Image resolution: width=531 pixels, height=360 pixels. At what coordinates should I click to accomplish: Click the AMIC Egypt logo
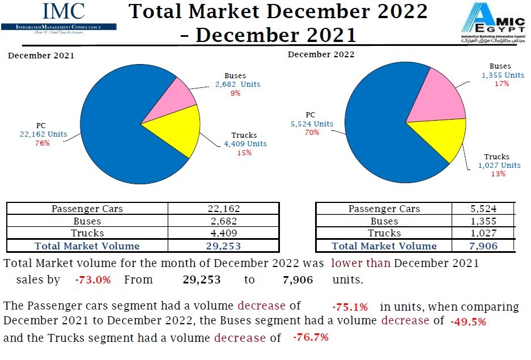[492, 23]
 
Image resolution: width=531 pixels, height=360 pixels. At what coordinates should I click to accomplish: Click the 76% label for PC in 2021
[42, 143]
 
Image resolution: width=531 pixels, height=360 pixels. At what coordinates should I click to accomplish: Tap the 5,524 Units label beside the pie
[311, 124]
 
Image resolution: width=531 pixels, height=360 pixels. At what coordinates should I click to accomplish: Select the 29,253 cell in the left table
[223, 246]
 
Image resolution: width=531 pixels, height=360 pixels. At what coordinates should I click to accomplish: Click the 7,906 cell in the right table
[483, 246]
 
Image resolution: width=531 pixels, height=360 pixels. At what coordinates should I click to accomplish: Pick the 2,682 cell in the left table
[223, 221]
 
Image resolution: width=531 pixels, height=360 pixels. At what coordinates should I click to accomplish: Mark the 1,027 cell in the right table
[483, 234]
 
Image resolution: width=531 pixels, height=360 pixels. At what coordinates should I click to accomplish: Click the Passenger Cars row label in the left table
[87, 209]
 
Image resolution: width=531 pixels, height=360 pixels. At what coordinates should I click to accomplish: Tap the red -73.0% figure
[92, 280]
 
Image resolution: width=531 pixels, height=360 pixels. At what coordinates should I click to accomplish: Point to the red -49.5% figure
[468, 322]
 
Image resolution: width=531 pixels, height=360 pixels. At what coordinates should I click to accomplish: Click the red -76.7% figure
[311, 338]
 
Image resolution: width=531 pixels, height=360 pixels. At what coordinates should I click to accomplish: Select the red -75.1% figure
[350, 307]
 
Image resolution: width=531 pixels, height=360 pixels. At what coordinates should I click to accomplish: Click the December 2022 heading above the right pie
[321, 54]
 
